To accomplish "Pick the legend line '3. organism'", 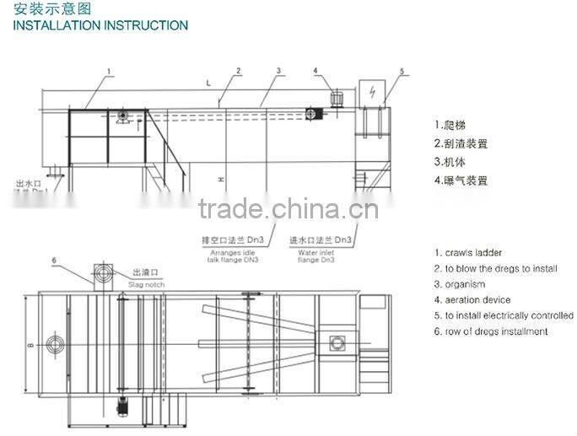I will (460, 284).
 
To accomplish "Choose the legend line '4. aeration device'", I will (473, 299).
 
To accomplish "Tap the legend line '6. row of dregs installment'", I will (491, 331).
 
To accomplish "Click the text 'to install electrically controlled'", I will (510, 315).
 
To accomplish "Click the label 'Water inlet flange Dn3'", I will (318, 254).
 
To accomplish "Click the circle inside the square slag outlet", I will (105, 273).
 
